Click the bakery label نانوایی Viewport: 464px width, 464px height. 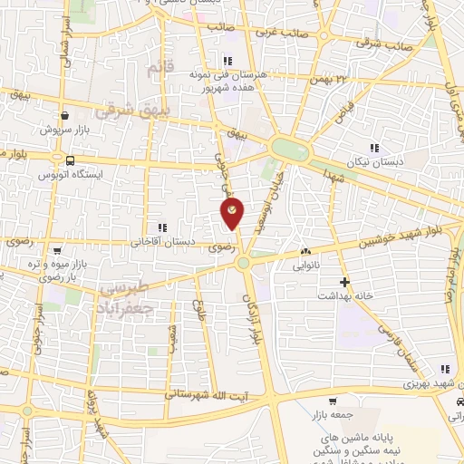coord(305,267)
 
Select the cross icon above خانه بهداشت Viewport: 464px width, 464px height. coord(343,282)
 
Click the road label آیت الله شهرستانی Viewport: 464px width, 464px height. coord(217,395)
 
